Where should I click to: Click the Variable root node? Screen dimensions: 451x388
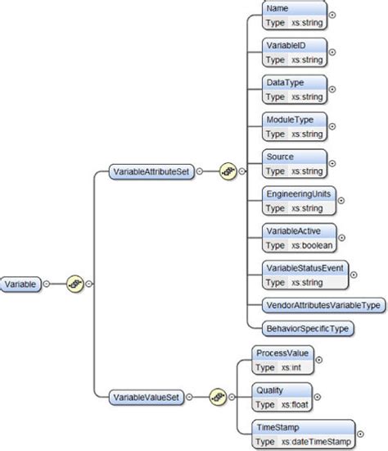(21, 284)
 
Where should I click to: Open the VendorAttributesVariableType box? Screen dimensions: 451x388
(324, 305)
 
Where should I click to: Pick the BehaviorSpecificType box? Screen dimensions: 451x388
(307, 328)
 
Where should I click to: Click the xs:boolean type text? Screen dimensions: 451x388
(311, 245)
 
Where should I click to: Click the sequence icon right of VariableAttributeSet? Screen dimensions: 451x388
(228, 173)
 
